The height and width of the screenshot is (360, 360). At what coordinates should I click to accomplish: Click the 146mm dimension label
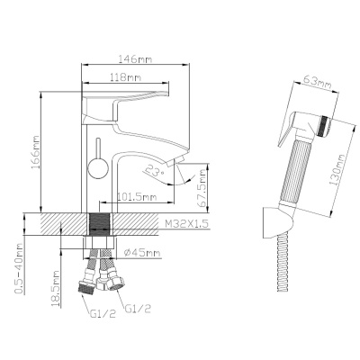[x=135, y=58]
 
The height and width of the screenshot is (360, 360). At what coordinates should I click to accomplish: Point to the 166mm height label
[x=35, y=152]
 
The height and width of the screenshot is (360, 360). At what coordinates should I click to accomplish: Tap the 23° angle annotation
[x=155, y=171]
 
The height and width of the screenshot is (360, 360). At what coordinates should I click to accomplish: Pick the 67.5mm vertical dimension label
[x=202, y=188]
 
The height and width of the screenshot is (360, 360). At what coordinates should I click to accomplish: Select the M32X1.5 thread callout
[x=185, y=224]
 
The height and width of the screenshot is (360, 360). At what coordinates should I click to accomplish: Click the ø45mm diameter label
[x=142, y=253]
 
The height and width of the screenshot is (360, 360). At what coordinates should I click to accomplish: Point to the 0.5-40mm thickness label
[x=19, y=268]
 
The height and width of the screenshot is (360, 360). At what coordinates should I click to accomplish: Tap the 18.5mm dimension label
[x=55, y=288]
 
